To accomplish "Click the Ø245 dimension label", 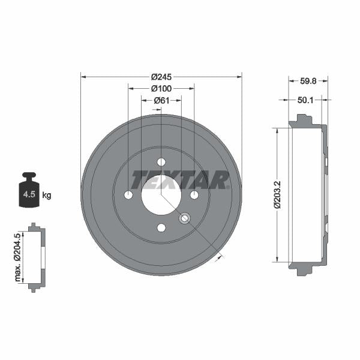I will (x=161, y=77).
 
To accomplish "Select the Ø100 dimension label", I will (x=161, y=88).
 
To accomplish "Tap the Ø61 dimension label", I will (x=161, y=100).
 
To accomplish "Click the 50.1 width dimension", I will (x=307, y=100).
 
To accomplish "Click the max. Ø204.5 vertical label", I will (x=18, y=257).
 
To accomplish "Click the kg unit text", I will (x=47, y=195).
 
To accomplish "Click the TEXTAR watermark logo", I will (x=180, y=179).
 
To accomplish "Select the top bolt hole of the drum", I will (x=161, y=162).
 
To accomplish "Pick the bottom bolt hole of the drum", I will (x=161, y=227).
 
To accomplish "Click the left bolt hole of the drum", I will (x=128, y=195).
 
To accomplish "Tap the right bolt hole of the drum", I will (x=194, y=195).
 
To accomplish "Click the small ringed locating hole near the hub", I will (x=184, y=218).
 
